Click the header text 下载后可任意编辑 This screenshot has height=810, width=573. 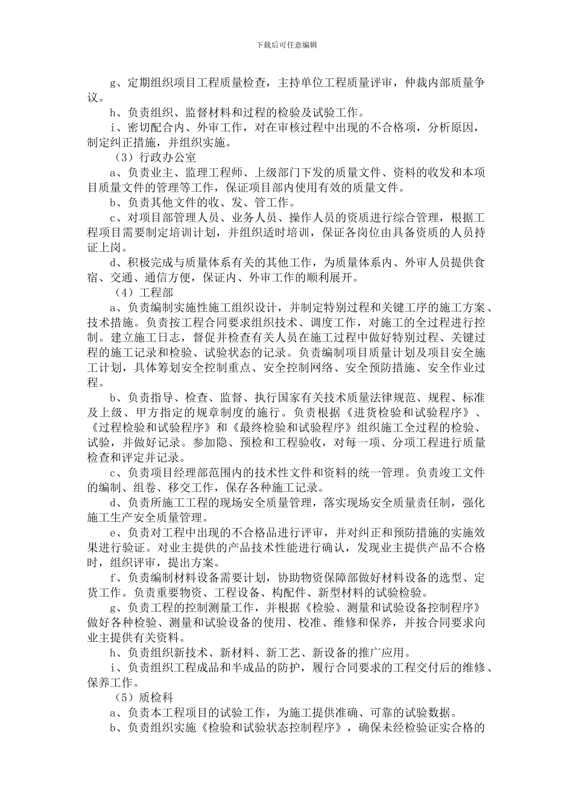(286, 45)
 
